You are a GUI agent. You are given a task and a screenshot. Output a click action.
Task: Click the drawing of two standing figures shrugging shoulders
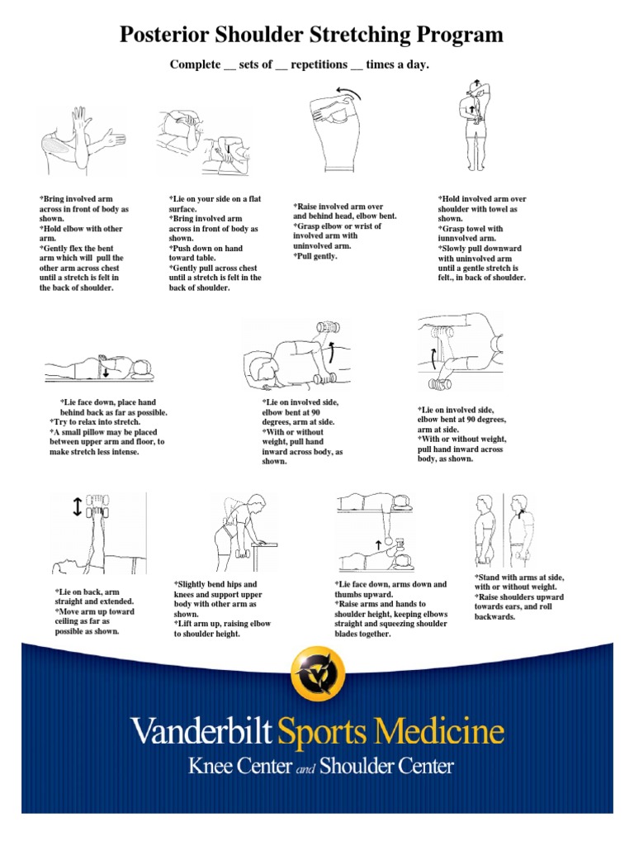(x=503, y=530)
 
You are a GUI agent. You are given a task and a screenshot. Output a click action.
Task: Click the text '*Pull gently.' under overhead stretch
(x=315, y=256)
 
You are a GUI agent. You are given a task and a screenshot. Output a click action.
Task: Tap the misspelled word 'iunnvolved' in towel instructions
(x=467, y=238)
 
